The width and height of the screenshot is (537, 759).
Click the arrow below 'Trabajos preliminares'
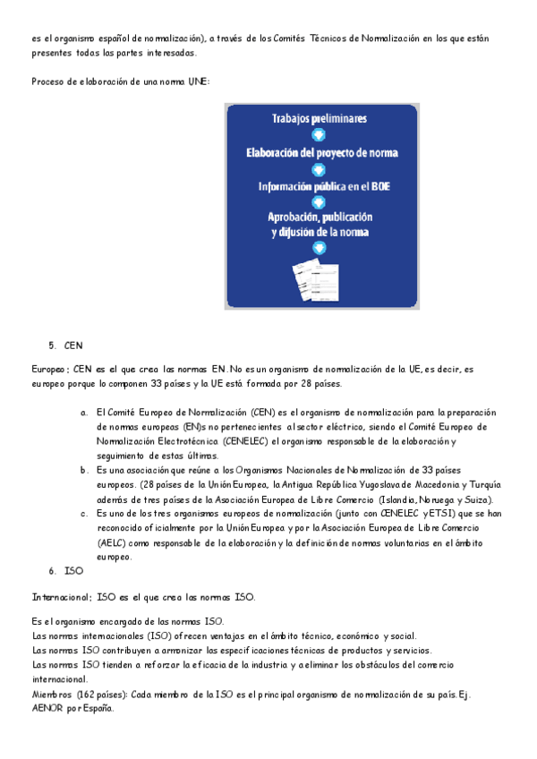tap(319, 136)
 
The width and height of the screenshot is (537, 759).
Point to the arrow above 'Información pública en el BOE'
tap(319, 170)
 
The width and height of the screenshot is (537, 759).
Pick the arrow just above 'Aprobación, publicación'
tap(319, 203)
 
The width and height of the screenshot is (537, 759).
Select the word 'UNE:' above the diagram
tap(197, 81)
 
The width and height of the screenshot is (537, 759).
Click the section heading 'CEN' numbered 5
tap(73, 345)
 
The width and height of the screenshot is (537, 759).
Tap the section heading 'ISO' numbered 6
tap(73, 569)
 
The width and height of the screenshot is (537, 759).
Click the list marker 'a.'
tap(84, 413)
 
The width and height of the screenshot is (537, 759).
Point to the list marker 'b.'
tap(84, 469)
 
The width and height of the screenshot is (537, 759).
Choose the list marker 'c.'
tap(84, 513)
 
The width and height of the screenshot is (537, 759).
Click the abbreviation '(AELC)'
tap(112, 542)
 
